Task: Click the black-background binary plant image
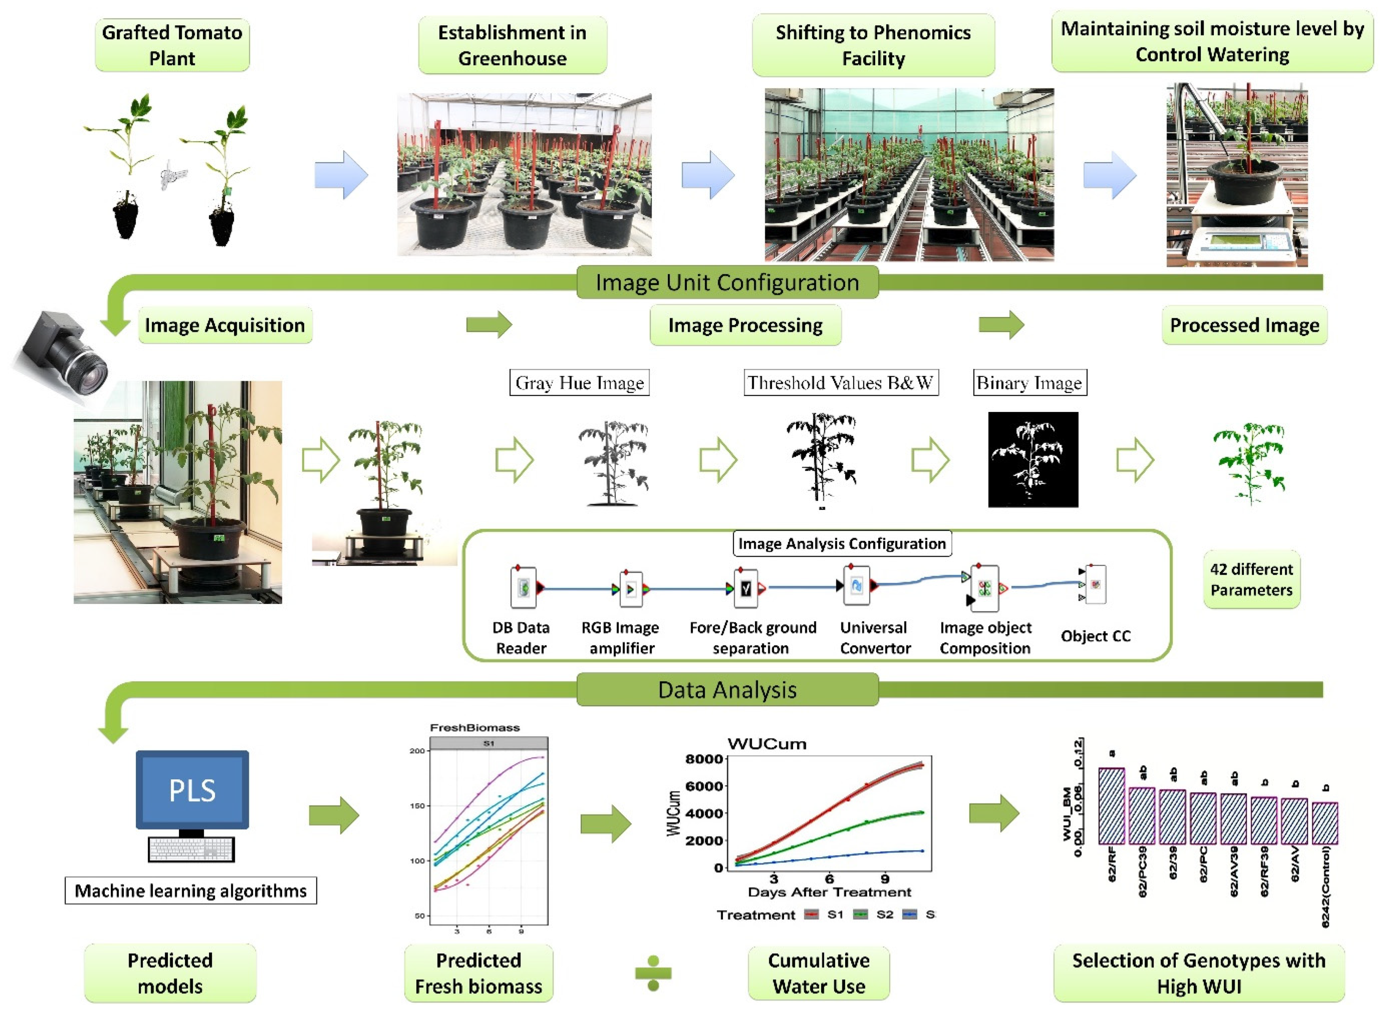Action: (1032, 459)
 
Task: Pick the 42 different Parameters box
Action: (1251, 579)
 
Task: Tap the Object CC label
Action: (1095, 636)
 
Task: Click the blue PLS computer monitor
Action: (192, 790)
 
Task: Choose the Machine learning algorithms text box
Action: (190, 891)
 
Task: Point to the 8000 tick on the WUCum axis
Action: (703, 759)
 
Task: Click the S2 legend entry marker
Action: (861, 915)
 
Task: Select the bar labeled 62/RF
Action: (1111, 806)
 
